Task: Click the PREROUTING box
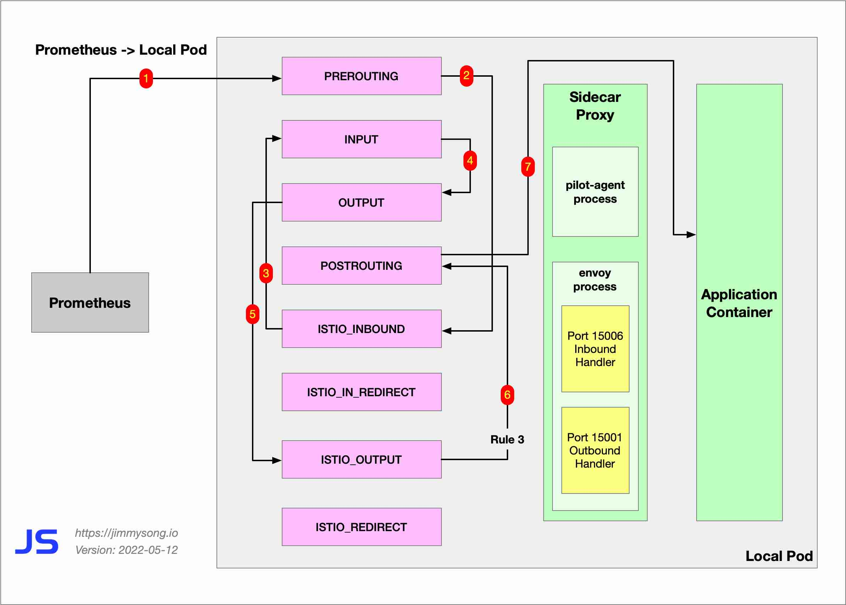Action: [x=361, y=76]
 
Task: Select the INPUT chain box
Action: [x=361, y=139]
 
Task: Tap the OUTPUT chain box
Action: [x=361, y=202]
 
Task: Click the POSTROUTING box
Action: [x=361, y=266]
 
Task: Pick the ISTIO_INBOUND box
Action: [x=361, y=329]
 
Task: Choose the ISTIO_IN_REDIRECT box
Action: [x=361, y=392]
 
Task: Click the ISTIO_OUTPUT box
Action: [x=361, y=459]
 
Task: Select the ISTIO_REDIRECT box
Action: [x=361, y=527]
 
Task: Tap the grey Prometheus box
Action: [x=90, y=302]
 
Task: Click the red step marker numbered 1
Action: [x=146, y=78]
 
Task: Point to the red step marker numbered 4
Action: [x=470, y=160]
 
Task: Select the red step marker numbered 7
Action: [x=528, y=167]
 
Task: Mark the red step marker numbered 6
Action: [x=507, y=395]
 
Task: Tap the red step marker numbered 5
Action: [x=252, y=314]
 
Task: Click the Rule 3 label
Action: [x=507, y=440]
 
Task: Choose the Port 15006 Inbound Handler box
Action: [x=595, y=349]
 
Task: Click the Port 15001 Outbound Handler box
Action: [x=595, y=450]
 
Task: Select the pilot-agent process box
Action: [x=595, y=192]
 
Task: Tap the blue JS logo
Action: [x=37, y=541]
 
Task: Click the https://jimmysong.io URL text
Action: [x=126, y=533]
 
